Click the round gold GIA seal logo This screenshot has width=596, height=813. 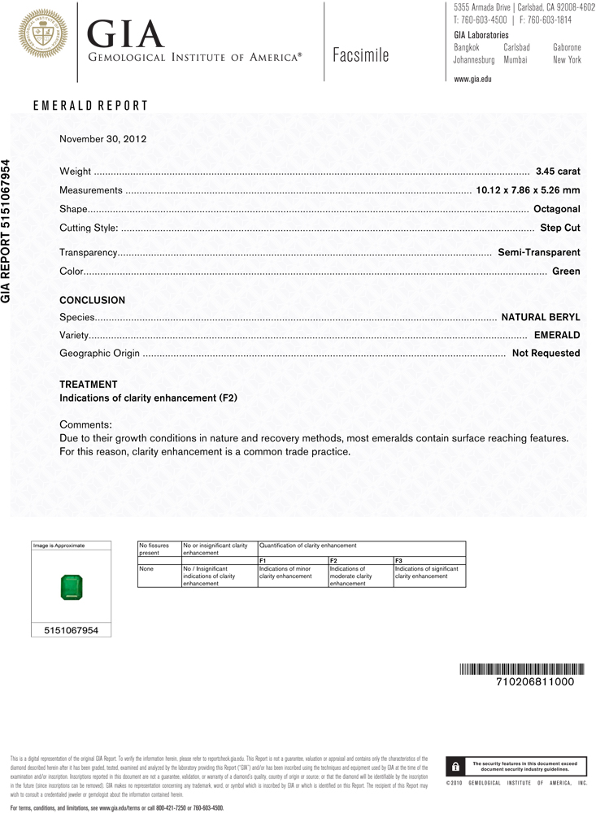tap(41, 33)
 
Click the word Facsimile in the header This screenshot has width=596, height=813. tap(361, 56)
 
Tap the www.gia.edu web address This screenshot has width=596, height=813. tap(472, 79)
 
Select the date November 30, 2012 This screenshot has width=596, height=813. tap(102, 139)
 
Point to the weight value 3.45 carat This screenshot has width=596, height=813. tap(557, 172)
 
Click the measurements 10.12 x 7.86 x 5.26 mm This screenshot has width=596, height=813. tap(527, 190)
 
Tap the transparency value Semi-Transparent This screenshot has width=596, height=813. tap(538, 253)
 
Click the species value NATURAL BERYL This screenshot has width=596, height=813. tap(540, 316)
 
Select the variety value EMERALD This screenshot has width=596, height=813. tap(556, 335)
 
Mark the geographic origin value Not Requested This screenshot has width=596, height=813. tap(546, 354)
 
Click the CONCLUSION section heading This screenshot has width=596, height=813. tap(93, 300)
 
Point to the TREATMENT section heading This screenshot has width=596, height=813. tap(89, 385)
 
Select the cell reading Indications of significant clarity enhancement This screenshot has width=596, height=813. tap(429, 572)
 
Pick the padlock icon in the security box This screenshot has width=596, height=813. tap(456, 767)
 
